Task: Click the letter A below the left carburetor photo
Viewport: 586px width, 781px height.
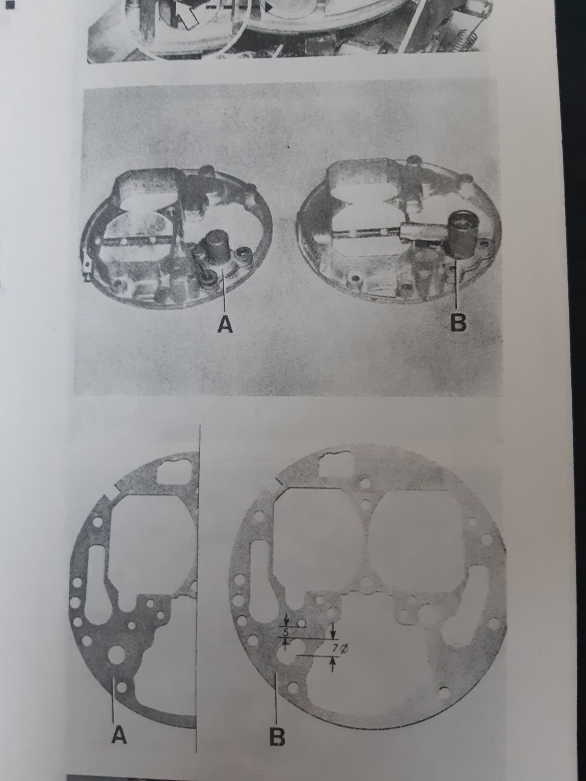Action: click(225, 325)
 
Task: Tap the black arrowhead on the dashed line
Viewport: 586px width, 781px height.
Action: click(269, 6)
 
